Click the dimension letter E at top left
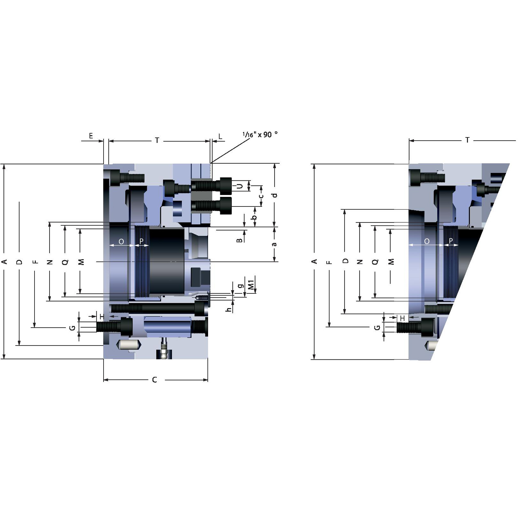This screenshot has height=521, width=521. tap(91, 136)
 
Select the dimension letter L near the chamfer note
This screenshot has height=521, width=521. tap(220, 136)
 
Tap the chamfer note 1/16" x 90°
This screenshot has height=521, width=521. tap(260, 134)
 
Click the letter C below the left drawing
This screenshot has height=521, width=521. tap(155, 380)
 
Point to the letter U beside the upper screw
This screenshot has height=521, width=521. tap(239, 186)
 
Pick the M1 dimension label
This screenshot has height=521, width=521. tap(251, 285)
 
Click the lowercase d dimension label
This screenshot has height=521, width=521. tap(275, 195)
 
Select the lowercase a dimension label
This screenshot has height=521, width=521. tap(274, 244)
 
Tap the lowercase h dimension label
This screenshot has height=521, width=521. tap(229, 309)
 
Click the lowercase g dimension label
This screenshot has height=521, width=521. tap(241, 286)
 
